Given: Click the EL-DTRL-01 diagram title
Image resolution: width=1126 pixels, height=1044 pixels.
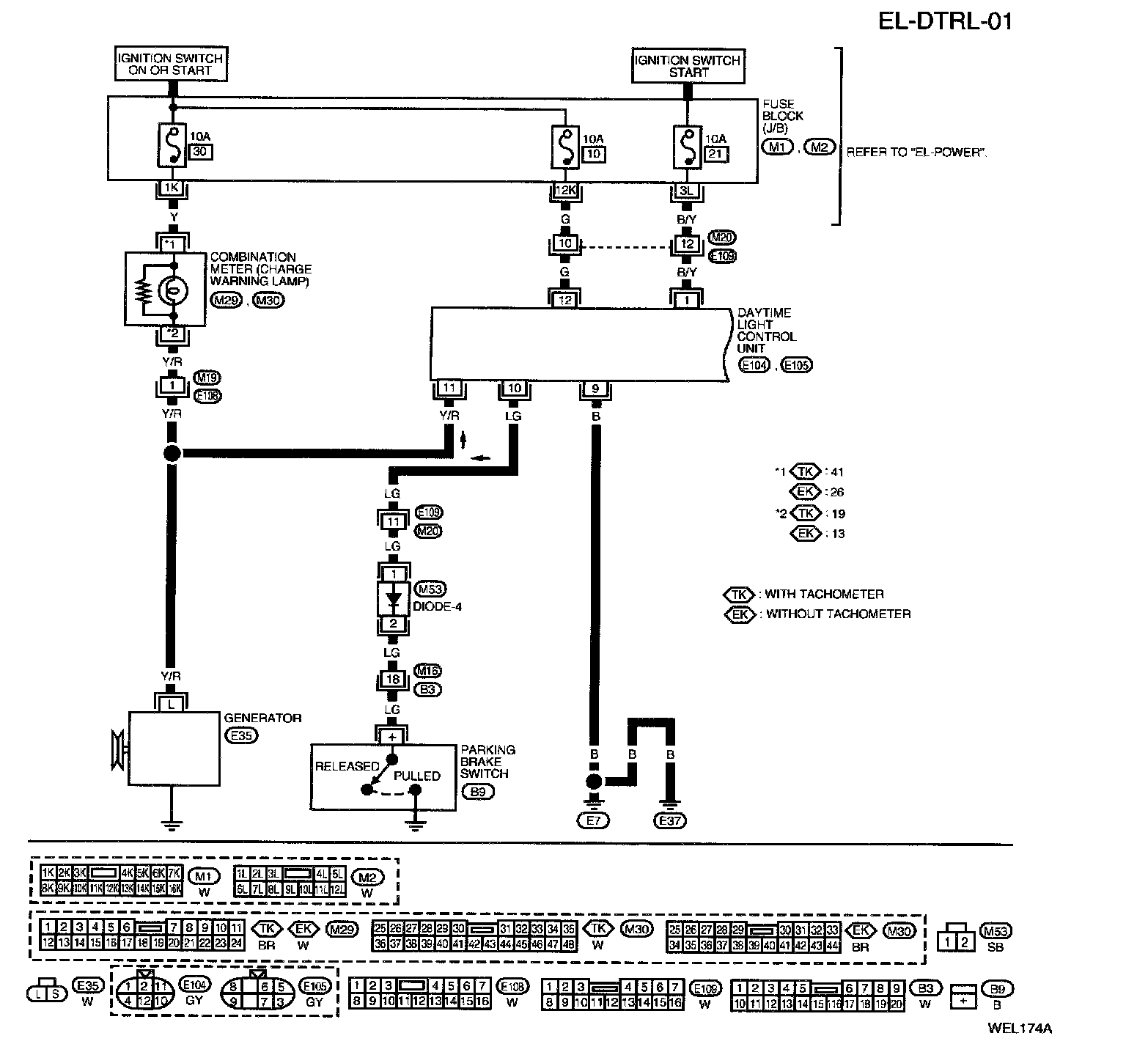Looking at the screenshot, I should [x=945, y=21].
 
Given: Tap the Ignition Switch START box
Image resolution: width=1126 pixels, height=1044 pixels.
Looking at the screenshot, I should [x=688, y=66].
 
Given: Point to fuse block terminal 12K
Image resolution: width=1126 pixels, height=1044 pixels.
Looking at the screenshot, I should [x=564, y=191].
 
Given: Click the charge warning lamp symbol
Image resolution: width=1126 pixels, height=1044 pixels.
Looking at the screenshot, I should [x=174, y=291].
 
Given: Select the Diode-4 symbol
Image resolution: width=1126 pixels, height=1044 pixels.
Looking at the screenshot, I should [x=394, y=600].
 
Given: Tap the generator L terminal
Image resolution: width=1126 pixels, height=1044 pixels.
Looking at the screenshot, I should [x=172, y=704].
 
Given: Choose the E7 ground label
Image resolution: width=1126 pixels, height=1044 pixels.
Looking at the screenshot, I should [x=595, y=820].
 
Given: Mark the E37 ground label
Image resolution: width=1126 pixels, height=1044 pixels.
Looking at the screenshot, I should [x=669, y=820].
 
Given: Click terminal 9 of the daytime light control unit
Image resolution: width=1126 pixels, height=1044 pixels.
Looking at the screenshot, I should [x=595, y=389].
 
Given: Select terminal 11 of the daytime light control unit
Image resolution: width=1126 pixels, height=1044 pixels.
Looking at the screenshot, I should [x=449, y=389].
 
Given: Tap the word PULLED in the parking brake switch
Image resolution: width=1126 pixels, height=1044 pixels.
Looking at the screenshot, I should [x=417, y=776].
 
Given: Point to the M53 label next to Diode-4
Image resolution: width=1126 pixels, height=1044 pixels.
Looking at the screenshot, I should [x=430, y=589].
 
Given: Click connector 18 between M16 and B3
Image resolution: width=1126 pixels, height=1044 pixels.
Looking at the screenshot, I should [x=393, y=680].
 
